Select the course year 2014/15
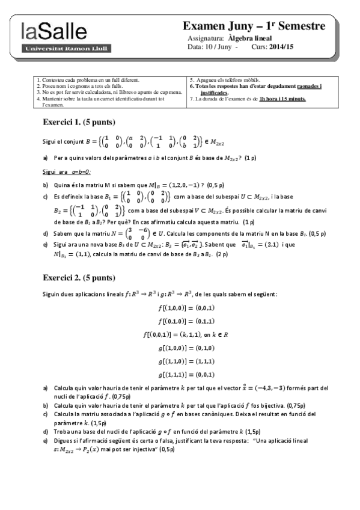pyautogui.click(x=281, y=46)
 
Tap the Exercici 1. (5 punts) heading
pyautogui.click(x=77, y=121)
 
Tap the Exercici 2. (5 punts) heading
pyautogui.click(x=77, y=278)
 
